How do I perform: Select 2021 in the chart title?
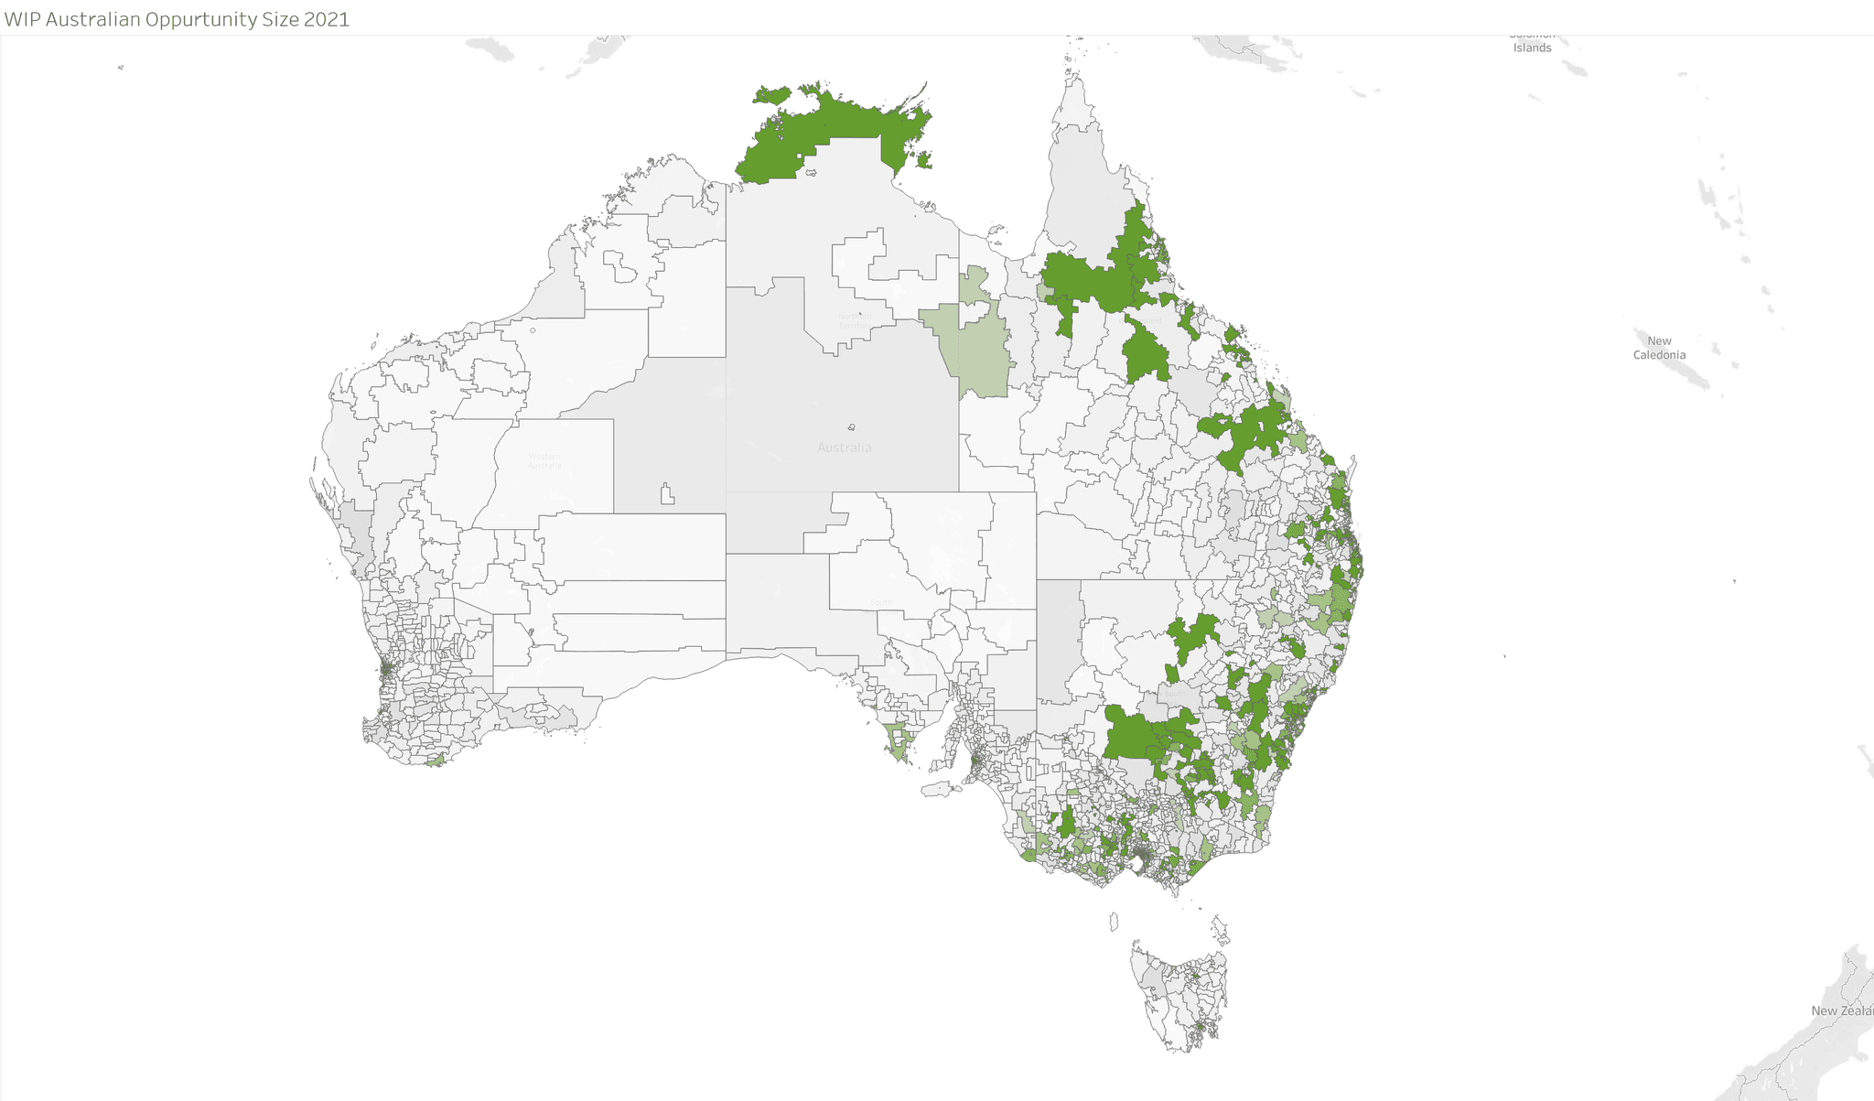327,19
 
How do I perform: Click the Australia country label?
844,448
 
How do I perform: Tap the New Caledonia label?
1659,348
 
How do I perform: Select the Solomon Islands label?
1532,43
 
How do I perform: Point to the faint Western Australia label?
544,460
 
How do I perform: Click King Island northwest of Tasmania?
1115,920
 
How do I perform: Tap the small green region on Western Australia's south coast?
436,760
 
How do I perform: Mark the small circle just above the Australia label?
852,427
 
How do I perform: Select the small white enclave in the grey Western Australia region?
667,494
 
